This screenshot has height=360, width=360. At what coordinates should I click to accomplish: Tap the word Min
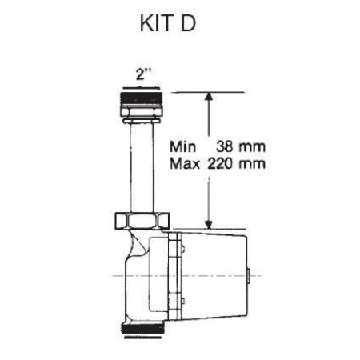[x=184, y=147]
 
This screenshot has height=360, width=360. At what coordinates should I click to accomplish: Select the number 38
[x=226, y=147]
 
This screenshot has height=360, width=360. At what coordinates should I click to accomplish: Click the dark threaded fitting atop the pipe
[x=143, y=103]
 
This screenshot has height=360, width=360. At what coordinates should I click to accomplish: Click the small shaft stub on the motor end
[x=250, y=276]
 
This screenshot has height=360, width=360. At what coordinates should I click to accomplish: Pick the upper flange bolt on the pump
[x=182, y=253]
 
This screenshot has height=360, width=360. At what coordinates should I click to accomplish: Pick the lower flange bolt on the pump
[x=182, y=302]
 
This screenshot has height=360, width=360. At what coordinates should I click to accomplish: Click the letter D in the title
[x=188, y=23]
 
